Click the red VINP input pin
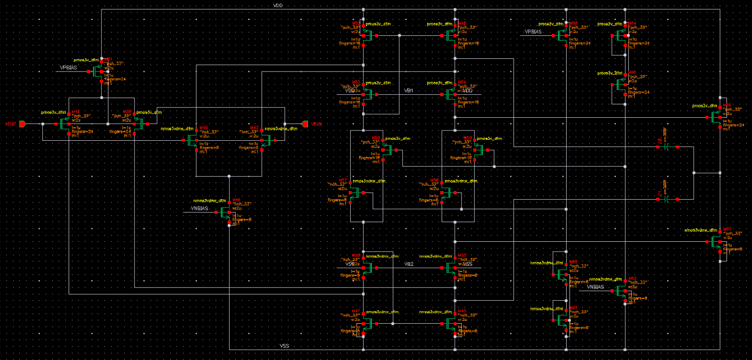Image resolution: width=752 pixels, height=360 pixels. (22, 124)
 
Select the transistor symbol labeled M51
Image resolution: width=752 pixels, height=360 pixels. (98, 71)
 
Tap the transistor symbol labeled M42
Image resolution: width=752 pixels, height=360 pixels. (65, 124)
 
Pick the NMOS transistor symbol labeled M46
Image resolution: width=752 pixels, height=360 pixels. (226, 212)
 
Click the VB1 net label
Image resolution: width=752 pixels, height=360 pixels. (409, 91)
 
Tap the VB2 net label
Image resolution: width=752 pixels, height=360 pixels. (409, 264)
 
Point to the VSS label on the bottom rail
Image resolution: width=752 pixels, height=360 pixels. (284, 346)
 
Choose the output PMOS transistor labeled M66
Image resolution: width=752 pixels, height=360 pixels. (716, 117)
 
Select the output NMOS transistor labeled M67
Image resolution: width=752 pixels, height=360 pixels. (716, 242)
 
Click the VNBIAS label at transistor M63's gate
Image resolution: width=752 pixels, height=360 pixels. (597, 287)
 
